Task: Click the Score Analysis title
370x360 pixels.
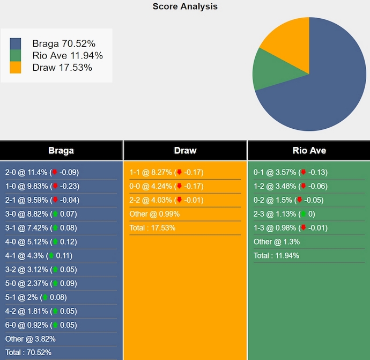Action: coord(185,6)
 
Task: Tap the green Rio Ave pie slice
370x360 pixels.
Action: coord(268,70)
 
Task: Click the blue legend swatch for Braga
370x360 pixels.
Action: coord(16,43)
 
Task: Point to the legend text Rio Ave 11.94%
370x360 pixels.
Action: coord(68,55)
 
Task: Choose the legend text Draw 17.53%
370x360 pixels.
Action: coord(62,67)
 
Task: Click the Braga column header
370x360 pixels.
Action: coord(61,150)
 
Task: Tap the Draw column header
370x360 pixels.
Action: coord(185,150)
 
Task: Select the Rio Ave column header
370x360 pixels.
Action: coord(309,150)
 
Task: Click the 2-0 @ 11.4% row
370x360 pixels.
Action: coord(42,172)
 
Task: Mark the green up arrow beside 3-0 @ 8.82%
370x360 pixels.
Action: coord(54,214)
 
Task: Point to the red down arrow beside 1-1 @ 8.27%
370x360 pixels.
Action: coord(179,172)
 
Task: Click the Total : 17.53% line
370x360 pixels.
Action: coord(152,227)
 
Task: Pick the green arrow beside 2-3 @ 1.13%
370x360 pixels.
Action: coord(304,214)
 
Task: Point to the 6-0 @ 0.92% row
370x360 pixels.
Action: coord(41,325)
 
